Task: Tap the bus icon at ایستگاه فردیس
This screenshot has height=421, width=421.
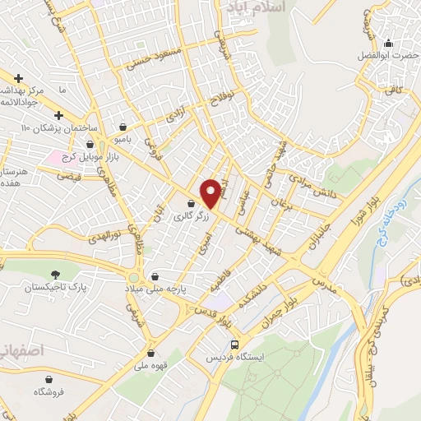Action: coord(236,345)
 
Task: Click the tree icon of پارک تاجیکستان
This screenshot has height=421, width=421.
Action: coord(56,274)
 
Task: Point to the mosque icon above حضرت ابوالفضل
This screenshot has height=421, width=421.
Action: coord(388,44)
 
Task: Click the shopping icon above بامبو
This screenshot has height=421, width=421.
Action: coord(123,127)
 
